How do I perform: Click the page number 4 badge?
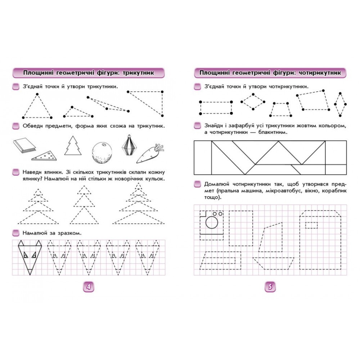[89, 287]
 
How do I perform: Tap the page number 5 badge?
[270, 287]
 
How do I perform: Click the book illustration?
[24, 145]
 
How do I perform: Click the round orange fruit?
[102, 153]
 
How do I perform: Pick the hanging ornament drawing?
[129, 145]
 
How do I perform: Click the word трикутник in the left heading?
[138, 73]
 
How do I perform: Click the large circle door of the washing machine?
[212, 222]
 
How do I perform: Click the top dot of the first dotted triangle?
[37, 94]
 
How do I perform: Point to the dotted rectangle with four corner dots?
[216, 108]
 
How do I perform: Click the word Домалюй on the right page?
[217, 184]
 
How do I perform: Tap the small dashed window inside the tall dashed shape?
[311, 225]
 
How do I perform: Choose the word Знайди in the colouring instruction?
[213, 126]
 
